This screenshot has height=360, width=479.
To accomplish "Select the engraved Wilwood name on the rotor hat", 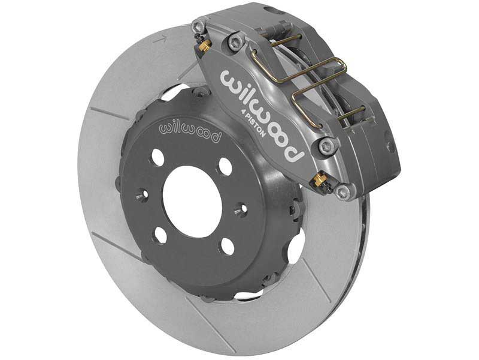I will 189,131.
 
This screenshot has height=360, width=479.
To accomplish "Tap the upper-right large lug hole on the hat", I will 225,166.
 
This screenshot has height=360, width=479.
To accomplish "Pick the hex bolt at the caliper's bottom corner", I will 342,193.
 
